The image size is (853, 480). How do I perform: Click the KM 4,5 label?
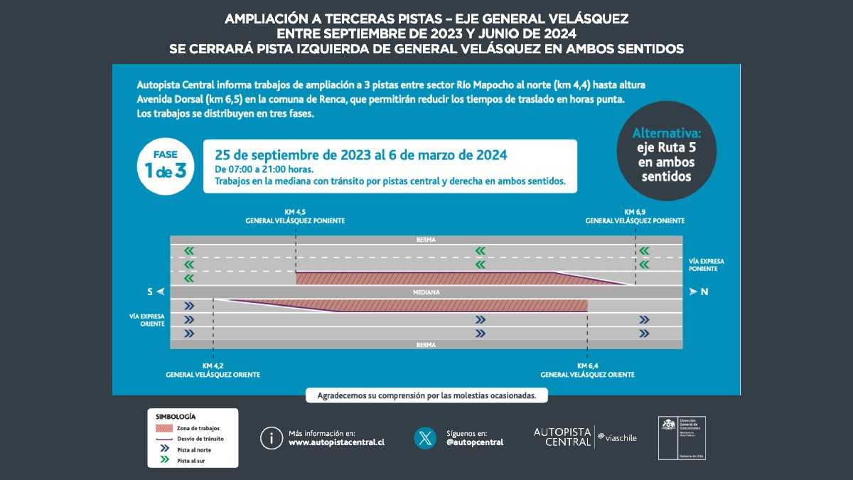(295, 212)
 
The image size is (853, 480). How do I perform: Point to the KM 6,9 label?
(635, 212)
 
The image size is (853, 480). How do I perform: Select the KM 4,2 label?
(213, 366)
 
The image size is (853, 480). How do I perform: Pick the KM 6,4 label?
(587, 366)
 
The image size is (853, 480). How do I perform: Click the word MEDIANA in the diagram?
(426, 292)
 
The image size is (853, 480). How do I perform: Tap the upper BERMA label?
(426, 240)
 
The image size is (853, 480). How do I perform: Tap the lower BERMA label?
(426, 344)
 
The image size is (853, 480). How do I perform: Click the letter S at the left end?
(151, 292)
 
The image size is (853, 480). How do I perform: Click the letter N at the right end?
(703, 292)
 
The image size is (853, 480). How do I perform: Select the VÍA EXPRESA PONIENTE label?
(707, 265)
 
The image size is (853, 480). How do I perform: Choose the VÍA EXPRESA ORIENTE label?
(147, 319)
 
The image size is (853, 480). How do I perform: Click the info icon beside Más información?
(271, 437)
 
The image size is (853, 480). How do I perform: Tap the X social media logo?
(425, 437)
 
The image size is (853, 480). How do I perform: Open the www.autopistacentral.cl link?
(336, 442)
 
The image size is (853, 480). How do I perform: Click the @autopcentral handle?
(475, 442)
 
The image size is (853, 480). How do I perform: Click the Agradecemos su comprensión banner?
(426, 395)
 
